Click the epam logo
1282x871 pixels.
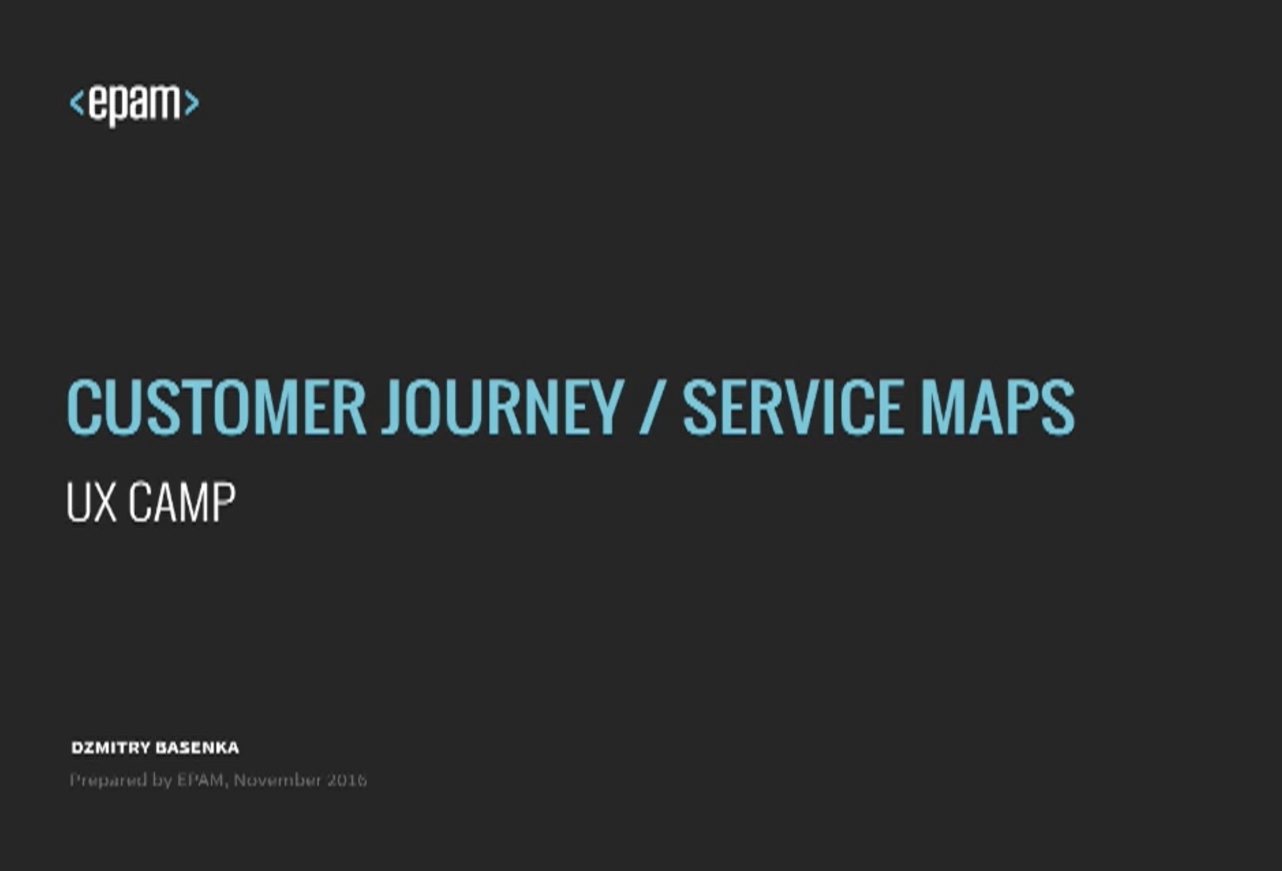134,105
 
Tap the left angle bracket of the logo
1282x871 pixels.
77,103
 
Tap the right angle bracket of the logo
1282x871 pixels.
192,103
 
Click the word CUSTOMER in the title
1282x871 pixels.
216,407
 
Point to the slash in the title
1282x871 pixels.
653,407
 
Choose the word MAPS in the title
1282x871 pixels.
998,407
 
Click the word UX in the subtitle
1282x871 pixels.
92,502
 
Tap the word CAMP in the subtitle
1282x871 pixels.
182,502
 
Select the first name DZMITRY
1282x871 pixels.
111,748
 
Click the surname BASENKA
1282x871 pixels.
197,748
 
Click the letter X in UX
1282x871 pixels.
105,502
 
